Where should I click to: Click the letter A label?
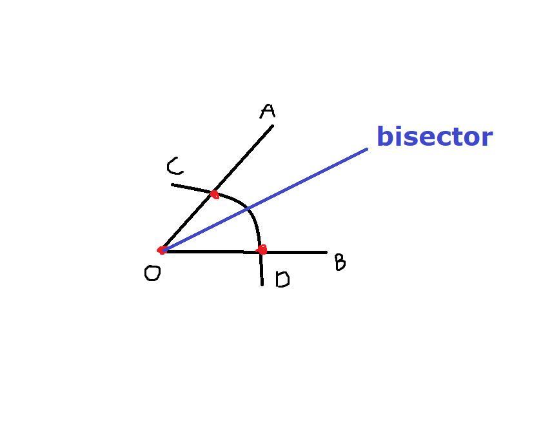[268, 112]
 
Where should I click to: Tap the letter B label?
[340, 262]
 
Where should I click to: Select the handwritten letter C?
[174, 168]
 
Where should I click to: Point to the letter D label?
[282, 279]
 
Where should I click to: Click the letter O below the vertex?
[152, 274]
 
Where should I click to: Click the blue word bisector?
[434, 137]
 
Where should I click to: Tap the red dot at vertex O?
[162, 250]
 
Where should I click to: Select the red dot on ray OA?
[215, 194]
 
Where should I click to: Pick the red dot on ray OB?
[261, 250]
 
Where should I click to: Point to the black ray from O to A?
[245, 158]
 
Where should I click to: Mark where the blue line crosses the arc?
[248, 208]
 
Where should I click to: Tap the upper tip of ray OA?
[273, 126]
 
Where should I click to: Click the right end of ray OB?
[326, 252]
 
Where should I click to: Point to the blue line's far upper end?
[367, 149]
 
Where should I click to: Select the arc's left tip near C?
[173, 185]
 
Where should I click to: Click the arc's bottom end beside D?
[262, 284]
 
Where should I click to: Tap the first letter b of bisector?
[384, 136]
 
